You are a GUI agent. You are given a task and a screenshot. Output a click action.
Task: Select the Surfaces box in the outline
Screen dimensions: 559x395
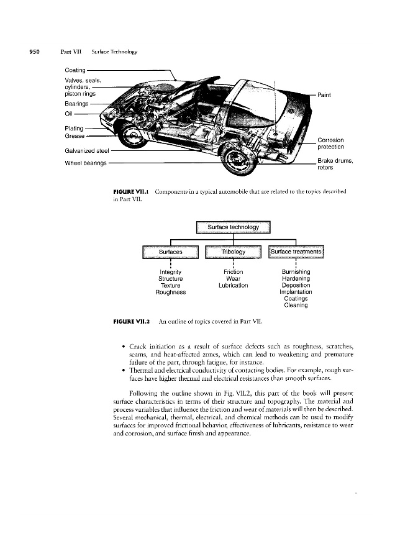coord(170,252)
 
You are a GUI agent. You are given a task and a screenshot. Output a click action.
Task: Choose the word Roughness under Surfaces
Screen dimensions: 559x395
coord(170,293)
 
